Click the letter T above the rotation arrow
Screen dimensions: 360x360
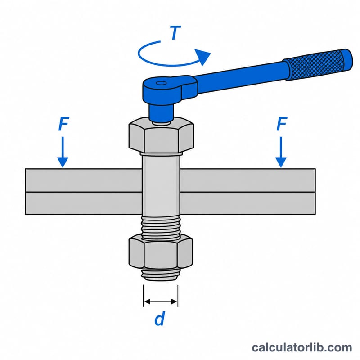(x=175, y=32)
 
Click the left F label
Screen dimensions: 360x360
(x=63, y=124)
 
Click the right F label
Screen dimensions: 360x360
(x=282, y=124)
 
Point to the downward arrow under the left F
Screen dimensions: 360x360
(x=63, y=152)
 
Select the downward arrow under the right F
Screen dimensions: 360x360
(x=281, y=152)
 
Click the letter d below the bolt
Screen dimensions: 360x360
(x=160, y=319)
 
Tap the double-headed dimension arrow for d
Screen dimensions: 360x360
(x=161, y=301)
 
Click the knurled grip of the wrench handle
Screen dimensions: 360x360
(x=318, y=64)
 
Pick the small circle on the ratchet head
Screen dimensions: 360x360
(x=161, y=83)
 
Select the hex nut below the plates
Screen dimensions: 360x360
(x=161, y=252)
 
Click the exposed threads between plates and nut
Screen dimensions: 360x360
(x=161, y=228)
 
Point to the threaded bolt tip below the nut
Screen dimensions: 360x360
(x=161, y=274)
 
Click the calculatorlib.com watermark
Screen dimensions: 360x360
(x=302, y=347)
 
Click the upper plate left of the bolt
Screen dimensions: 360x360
(x=83, y=180)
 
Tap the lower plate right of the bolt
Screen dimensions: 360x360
(x=248, y=203)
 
